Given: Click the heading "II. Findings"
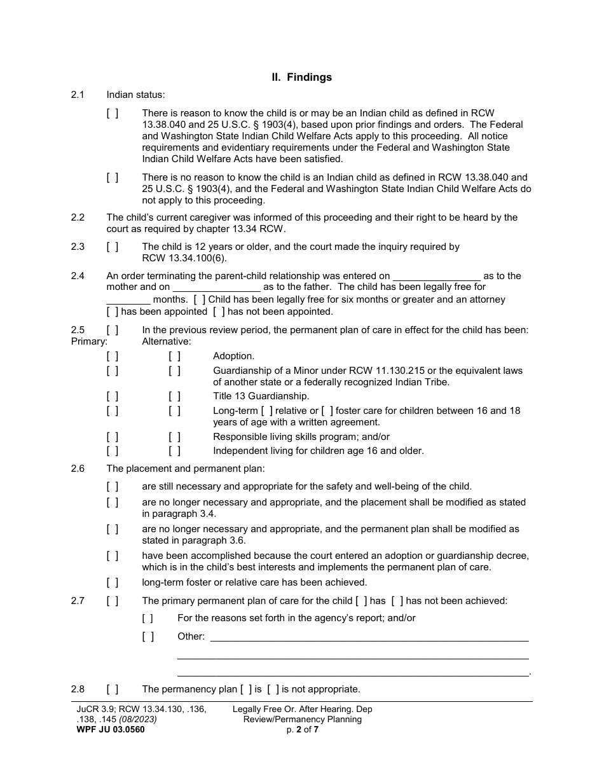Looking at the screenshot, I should pos(301,77).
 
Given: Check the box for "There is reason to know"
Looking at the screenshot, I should pos(112,113).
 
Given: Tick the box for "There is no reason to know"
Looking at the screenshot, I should pos(112,177).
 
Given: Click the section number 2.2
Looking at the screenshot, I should pos(78,217).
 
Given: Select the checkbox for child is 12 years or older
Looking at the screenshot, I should pos(112,247).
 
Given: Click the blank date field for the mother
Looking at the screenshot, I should pos(437,276).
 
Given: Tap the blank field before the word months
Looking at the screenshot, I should pos(128,299).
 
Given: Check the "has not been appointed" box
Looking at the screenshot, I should pos(219,312).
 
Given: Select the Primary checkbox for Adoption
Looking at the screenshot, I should pos(112,356).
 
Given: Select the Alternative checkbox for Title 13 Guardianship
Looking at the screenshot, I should pos(174,396).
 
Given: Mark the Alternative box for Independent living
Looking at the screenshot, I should pos(174,451).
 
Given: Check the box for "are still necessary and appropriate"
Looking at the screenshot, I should pos(112,487).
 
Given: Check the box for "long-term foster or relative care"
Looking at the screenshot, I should pos(112,582).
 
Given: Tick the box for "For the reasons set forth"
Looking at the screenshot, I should pos(148,618).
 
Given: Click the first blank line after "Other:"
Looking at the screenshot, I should pos(369,637).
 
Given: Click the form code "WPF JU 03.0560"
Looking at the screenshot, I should pos(110,730).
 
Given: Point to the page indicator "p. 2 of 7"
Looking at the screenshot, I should pos(302,730).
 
